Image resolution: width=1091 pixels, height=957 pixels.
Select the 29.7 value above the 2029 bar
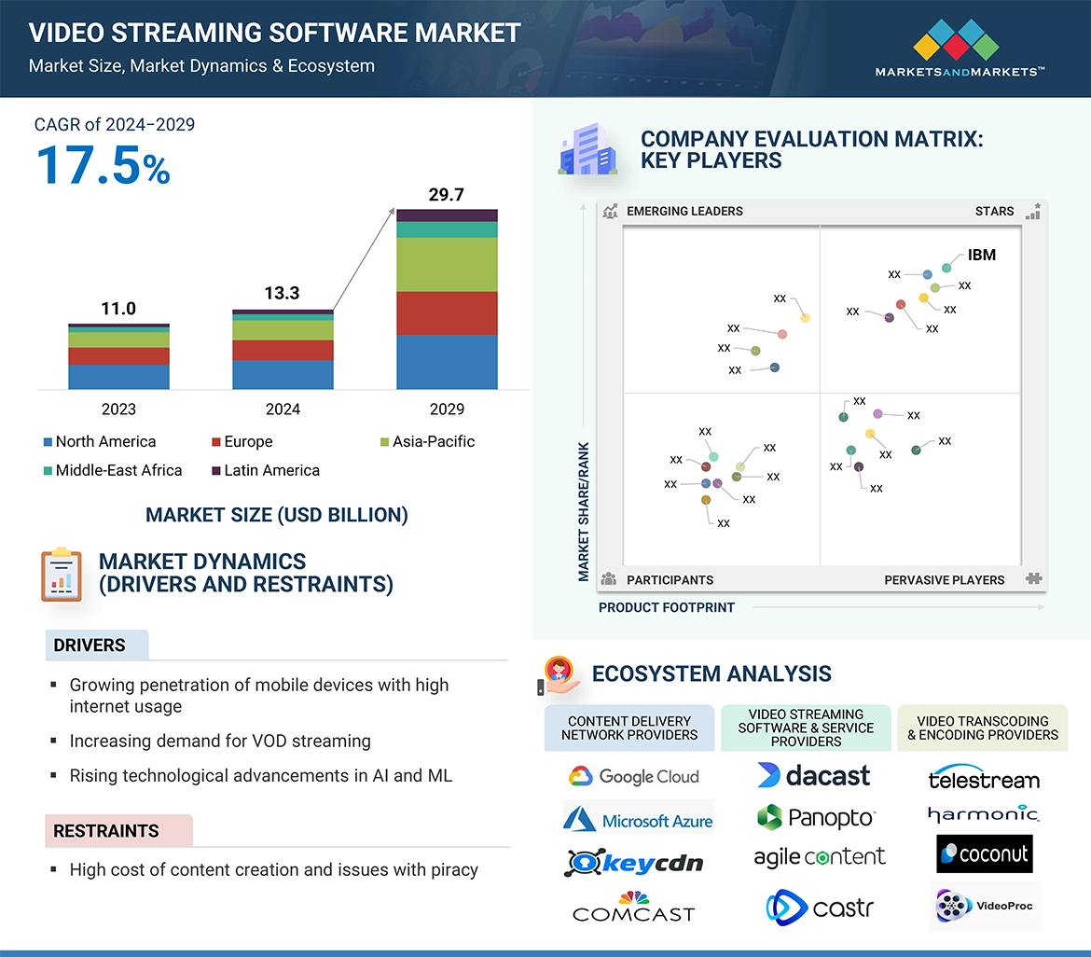(446, 195)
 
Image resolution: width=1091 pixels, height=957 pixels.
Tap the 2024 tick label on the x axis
(283, 409)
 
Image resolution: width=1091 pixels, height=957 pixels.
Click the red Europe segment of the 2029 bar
(447, 313)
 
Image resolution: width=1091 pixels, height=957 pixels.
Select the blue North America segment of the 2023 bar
(118, 377)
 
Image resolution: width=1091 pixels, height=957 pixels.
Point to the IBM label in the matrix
(981, 255)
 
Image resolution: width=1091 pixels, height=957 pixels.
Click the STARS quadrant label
(994, 211)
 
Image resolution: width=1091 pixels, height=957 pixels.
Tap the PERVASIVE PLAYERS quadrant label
(944, 579)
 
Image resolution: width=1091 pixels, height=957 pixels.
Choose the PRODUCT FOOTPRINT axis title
(666, 607)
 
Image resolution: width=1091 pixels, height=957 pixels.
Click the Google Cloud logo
(633, 776)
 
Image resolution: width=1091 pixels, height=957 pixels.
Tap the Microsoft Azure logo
(638, 820)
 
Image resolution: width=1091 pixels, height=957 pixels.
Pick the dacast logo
(813, 775)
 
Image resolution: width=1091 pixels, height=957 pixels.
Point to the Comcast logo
(633, 908)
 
